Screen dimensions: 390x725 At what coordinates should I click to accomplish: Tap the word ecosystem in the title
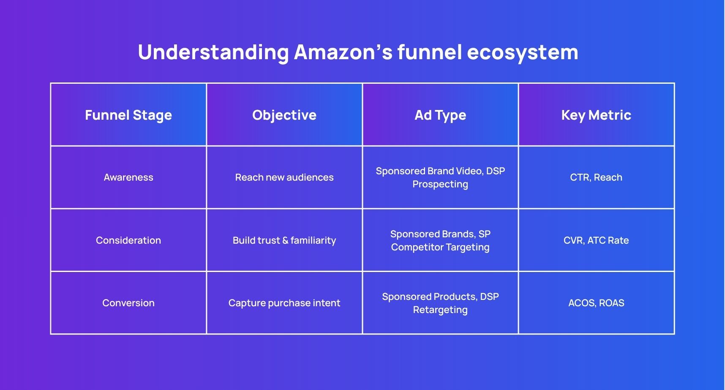point(522,52)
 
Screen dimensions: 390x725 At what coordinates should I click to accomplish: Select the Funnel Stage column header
point(128,115)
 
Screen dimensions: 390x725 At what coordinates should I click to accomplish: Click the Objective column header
point(284,115)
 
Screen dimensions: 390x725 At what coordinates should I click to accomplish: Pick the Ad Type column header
point(440,115)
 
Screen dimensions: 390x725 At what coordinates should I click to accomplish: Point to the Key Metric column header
point(596,115)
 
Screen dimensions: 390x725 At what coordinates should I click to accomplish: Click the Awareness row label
point(128,177)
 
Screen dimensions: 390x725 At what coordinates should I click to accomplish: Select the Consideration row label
point(128,240)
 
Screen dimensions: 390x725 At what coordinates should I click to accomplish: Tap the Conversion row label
point(128,303)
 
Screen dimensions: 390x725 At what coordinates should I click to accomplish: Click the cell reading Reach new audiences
point(284,177)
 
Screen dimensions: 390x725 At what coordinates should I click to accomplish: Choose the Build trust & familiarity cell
point(284,240)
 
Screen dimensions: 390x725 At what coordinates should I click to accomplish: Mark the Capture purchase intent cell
point(284,303)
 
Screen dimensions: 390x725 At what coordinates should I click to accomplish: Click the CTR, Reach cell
point(596,177)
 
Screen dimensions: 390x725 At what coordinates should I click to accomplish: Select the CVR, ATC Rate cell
point(596,240)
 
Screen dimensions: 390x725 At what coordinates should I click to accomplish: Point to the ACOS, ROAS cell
point(596,303)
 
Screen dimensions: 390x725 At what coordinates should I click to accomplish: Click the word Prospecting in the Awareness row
point(440,184)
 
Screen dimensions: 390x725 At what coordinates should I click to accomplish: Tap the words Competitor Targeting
point(440,247)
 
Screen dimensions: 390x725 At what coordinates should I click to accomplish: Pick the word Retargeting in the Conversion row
point(440,310)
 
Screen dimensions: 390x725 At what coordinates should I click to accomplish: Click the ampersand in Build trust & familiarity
point(285,240)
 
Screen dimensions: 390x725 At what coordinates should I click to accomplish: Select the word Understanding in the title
point(213,52)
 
